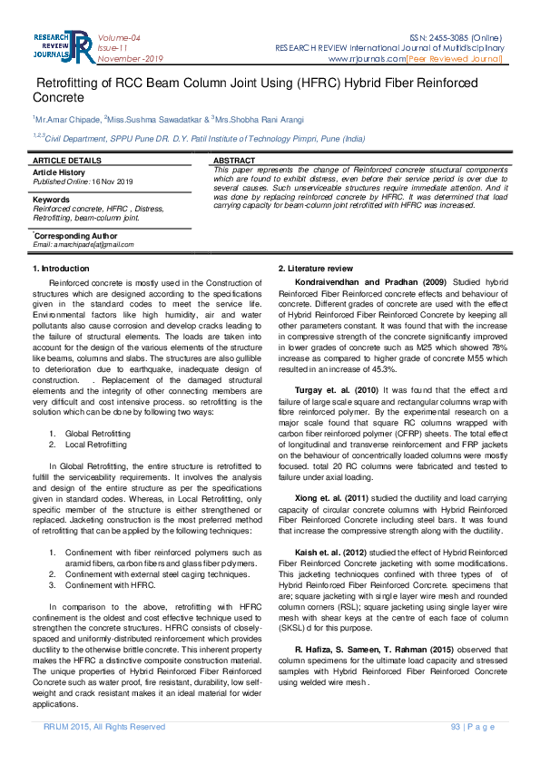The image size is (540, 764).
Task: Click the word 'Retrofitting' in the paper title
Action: [75, 83]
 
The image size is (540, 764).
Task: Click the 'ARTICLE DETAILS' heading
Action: [66, 160]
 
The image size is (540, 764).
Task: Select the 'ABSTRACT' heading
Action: [233, 160]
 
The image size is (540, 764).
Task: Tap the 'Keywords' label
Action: [51, 199]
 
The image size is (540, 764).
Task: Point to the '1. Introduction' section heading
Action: [61, 269]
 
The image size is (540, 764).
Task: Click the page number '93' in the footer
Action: [455, 726]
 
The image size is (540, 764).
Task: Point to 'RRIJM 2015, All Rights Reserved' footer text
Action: [104, 726]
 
